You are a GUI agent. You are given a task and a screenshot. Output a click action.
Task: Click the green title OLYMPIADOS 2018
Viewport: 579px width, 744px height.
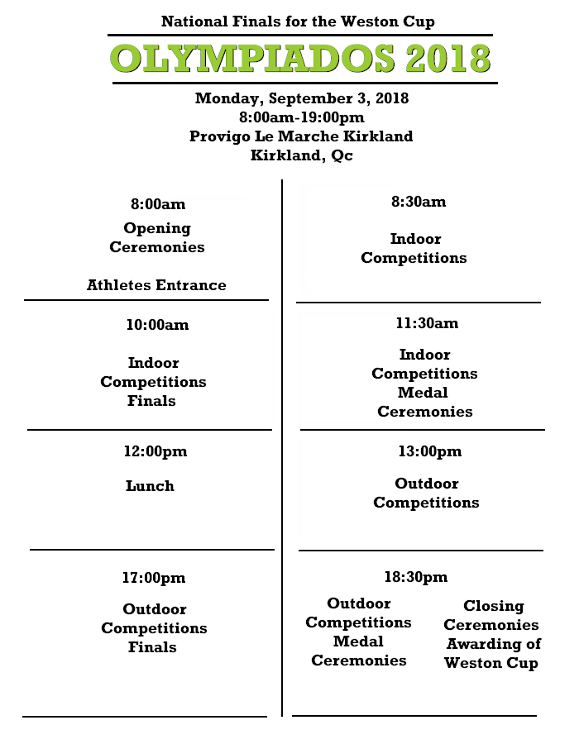[x=300, y=59]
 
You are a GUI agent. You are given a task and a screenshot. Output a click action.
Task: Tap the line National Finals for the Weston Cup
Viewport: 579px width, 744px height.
[x=298, y=21]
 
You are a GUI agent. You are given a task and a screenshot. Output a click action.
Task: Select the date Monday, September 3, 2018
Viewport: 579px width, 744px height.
[x=302, y=98]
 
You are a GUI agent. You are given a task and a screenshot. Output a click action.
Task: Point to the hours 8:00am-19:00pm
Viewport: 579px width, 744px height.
[x=302, y=117]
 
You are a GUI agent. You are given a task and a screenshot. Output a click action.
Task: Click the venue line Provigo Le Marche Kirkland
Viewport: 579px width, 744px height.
[x=301, y=136]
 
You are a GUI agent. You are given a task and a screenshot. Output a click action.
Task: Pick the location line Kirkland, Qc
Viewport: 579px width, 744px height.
[x=302, y=155]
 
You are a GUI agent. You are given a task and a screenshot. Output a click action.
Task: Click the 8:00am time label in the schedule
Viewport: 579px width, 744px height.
[x=158, y=204]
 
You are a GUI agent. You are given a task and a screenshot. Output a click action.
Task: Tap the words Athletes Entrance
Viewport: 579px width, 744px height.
[x=156, y=285]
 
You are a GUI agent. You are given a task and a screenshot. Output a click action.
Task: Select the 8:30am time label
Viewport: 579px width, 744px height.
[x=419, y=202]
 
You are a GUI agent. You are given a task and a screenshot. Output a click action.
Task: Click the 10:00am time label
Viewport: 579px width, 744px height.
[x=157, y=325]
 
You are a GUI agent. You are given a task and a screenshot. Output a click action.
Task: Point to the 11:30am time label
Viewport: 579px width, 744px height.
[x=427, y=323]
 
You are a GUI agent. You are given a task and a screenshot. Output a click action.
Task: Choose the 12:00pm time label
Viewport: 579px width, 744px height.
[x=156, y=451]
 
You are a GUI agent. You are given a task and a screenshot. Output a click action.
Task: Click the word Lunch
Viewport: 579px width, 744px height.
[x=150, y=486]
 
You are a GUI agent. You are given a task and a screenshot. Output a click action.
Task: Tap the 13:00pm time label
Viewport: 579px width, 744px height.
[x=430, y=451]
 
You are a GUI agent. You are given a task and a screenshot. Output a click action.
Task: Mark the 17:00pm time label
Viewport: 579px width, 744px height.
[x=154, y=578]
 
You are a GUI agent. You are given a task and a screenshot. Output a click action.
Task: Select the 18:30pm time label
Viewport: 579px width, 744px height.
[x=416, y=577]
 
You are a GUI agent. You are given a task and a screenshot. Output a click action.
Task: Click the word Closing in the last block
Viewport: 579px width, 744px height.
[x=494, y=607]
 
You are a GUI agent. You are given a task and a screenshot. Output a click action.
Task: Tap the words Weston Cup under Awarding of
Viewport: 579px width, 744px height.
[x=491, y=663]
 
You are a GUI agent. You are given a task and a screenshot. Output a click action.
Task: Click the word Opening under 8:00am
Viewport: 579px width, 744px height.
[x=157, y=229]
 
